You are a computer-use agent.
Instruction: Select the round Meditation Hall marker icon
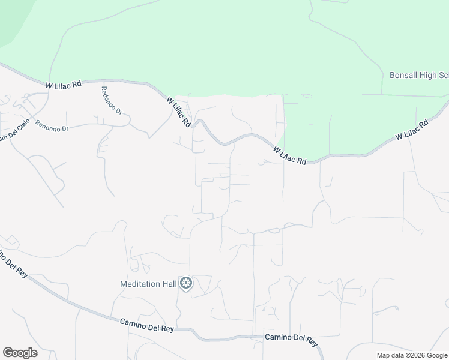(187, 283)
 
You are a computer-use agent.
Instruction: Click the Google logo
(20, 353)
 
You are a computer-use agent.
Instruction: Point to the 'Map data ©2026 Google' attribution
(412, 355)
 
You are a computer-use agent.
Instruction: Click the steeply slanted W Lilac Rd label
(179, 112)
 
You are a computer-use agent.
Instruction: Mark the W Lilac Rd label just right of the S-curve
(289, 155)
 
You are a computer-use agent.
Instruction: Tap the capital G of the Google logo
(8, 353)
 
